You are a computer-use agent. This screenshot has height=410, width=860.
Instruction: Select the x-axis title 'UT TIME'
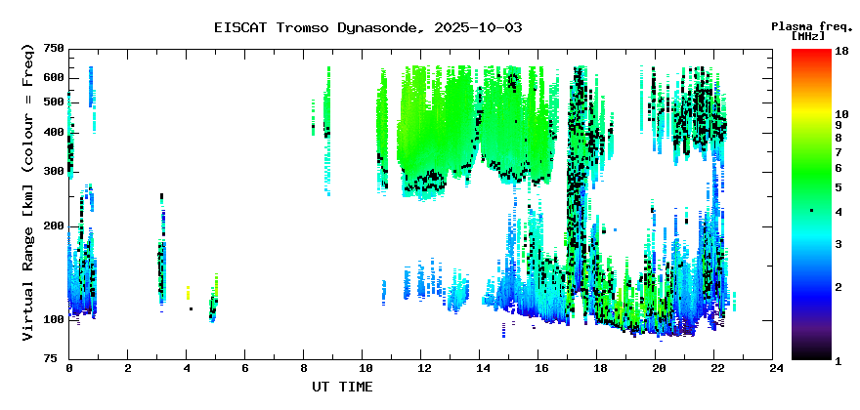(x=342, y=387)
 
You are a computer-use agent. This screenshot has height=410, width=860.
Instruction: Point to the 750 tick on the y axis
(x=53, y=49)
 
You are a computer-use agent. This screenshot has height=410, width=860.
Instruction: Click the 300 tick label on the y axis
(x=53, y=172)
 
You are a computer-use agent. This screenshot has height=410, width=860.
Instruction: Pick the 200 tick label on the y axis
(x=53, y=225)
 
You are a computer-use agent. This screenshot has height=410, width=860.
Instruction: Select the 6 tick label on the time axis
(x=245, y=369)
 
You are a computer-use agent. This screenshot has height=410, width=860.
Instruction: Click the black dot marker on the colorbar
(x=811, y=211)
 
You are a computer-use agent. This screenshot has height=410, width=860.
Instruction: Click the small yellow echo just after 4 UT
(x=188, y=291)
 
